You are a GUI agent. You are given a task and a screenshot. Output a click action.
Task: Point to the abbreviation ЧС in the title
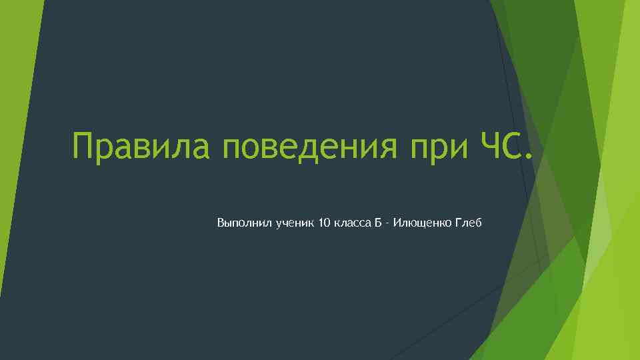click(495, 145)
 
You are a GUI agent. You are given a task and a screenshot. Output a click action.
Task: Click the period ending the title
click(529, 157)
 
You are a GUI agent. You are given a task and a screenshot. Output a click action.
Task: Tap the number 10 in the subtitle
click(325, 221)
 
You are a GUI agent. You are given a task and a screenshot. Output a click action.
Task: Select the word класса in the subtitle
click(353, 222)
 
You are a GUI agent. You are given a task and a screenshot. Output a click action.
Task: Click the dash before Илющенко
click(387, 223)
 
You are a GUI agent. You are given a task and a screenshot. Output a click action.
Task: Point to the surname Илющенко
click(421, 222)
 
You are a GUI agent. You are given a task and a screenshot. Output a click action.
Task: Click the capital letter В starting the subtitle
click(221, 221)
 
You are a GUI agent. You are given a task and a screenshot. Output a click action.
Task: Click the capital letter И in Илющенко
click(397, 221)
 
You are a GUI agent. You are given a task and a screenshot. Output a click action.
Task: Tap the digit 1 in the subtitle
click(321, 221)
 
